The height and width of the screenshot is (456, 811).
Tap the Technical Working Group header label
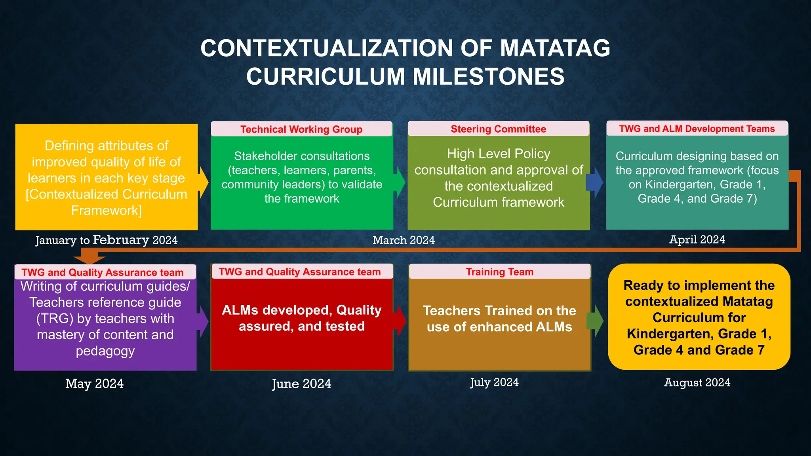click(x=301, y=129)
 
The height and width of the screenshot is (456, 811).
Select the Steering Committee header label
click(x=498, y=129)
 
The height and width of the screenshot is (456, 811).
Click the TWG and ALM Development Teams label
click(x=697, y=129)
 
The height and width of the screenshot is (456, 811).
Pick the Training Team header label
click(x=499, y=272)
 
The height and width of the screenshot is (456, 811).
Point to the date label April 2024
click(x=697, y=239)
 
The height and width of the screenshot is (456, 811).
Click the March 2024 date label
click(x=404, y=240)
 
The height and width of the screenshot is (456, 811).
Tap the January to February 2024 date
click(x=106, y=240)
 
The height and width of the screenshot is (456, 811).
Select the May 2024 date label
click(x=94, y=384)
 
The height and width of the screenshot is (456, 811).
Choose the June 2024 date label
click(x=301, y=384)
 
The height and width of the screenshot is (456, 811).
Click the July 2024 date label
click(x=494, y=382)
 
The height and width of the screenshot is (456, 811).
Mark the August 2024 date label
click(x=697, y=383)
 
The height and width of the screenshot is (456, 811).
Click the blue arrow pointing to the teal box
click(x=595, y=182)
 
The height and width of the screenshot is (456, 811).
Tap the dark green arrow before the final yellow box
click(x=596, y=321)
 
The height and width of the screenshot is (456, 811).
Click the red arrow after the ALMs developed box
click(x=400, y=321)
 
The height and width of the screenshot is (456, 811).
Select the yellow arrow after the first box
click(x=204, y=182)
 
